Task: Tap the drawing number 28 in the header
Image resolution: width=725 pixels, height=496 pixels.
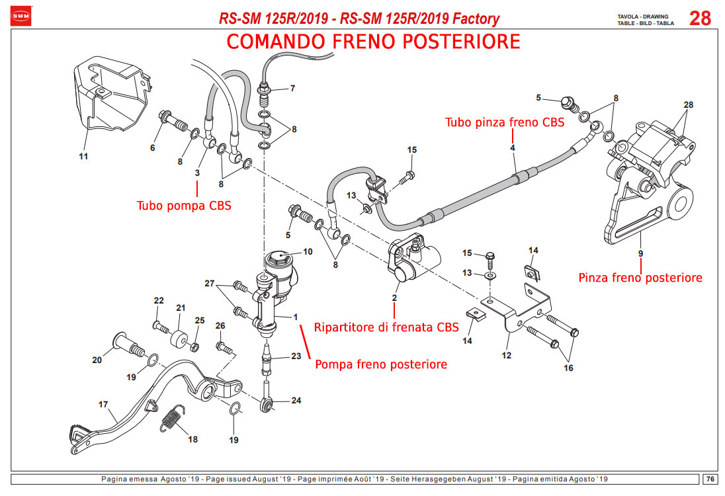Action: click(700, 19)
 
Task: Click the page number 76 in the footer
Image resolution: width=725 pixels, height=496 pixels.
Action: click(708, 479)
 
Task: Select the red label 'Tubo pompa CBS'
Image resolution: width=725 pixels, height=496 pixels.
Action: click(184, 205)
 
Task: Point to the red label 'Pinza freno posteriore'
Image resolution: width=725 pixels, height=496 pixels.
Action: click(640, 278)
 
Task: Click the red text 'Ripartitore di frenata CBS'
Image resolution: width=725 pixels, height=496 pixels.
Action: click(386, 327)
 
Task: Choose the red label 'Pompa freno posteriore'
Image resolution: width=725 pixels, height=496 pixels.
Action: click(380, 364)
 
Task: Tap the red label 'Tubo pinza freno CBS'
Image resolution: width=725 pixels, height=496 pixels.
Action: click(504, 122)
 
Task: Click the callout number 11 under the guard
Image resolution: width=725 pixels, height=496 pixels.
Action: click(83, 157)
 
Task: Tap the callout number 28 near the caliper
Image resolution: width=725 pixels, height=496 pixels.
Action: click(689, 105)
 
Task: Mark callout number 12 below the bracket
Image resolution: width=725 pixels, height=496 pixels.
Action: click(507, 355)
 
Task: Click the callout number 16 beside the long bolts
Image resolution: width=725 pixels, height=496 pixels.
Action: click(568, 368)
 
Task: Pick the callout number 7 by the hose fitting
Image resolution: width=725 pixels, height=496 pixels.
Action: click(292, 88)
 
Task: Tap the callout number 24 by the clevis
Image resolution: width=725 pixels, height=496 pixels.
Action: click(296, 400)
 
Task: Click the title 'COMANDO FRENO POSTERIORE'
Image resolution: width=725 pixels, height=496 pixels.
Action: click(373, 42)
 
